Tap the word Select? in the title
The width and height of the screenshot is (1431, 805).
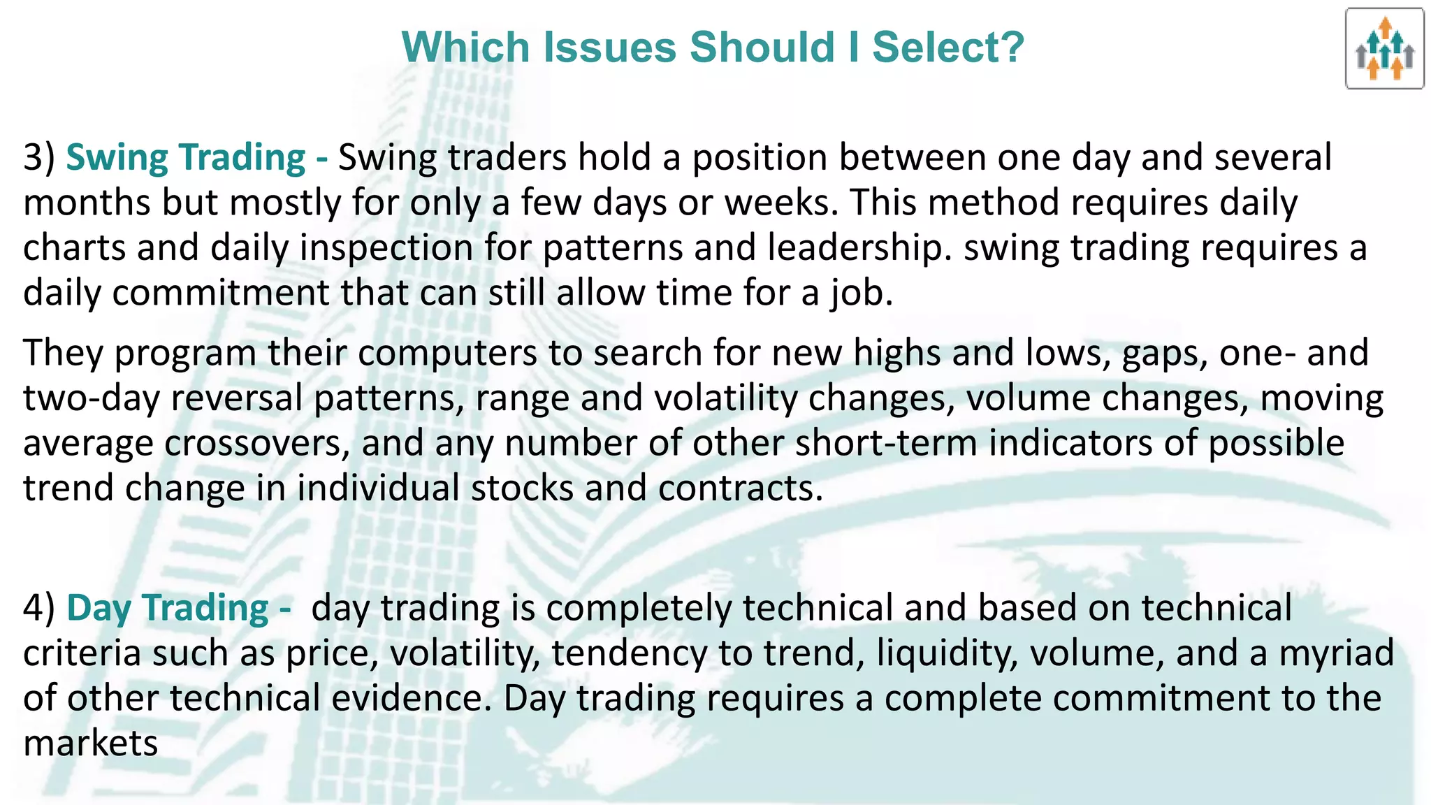coord(948,48)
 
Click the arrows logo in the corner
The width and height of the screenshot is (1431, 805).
coord(1384,49)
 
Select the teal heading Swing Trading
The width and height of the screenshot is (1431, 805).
coord(185,157)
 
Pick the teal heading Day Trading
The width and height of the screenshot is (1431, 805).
coord(168,608)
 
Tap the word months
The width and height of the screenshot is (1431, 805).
coord(87,203)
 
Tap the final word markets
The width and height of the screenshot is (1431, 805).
coord(91,743)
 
